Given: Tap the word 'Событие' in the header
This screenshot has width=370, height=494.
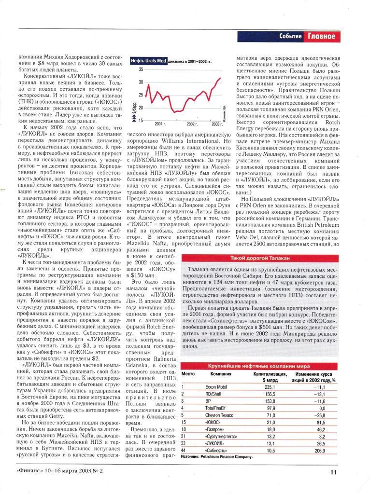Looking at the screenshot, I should pos(291,37).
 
